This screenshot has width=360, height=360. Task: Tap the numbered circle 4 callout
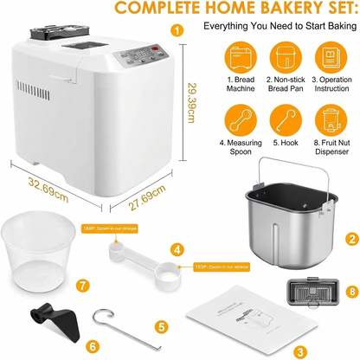[177, 249]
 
